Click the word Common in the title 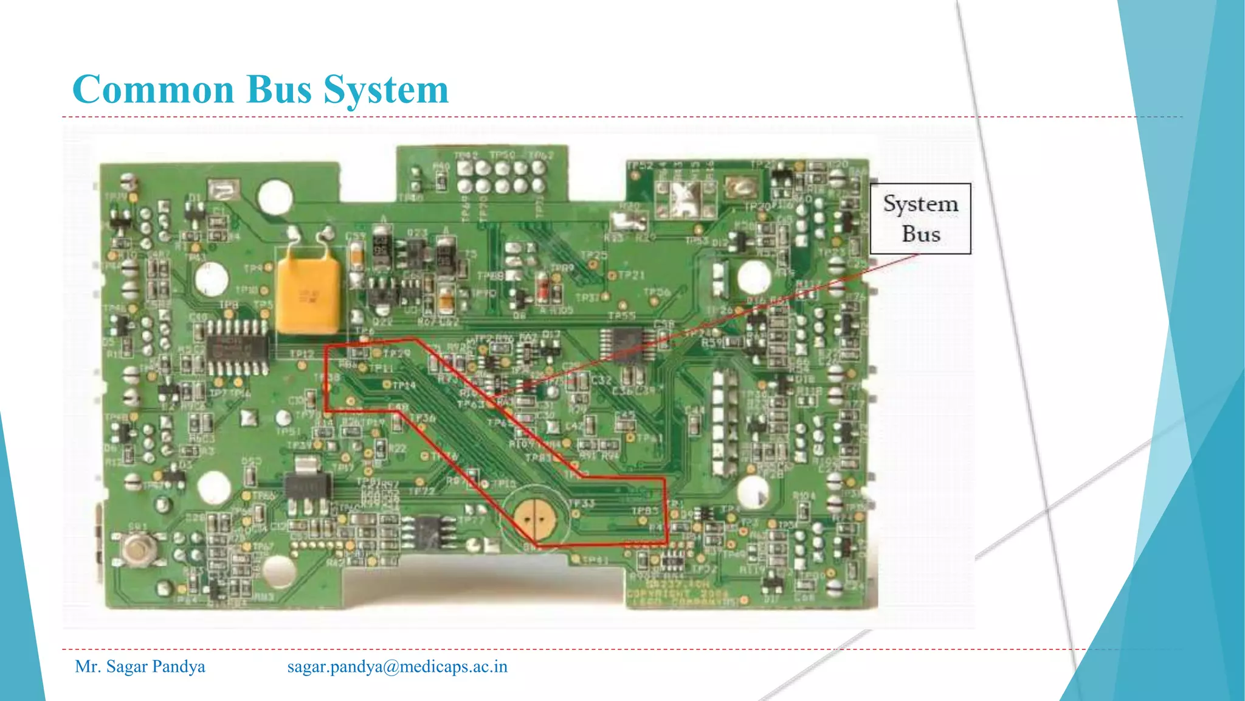click(153, 89)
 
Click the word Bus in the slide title click(279, 89)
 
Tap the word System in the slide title click(386, 91)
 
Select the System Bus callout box click(920, 218)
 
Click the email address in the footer click(397, 666)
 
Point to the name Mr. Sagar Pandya click(140, 666)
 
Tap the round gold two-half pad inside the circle click(534, 519)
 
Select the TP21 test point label click(631, 276)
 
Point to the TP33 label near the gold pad click(582, 503)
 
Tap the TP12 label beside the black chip click(302, 354)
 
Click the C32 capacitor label click(601, 380)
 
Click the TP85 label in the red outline click(645, 511)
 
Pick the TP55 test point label click(621, 316)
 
